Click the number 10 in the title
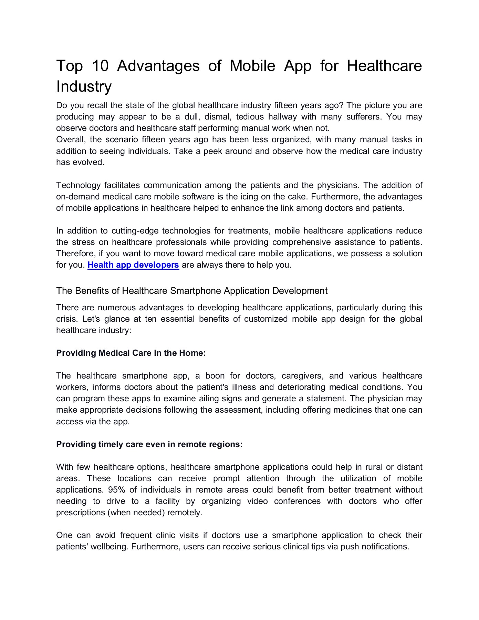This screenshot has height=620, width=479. click(x=101, y=66)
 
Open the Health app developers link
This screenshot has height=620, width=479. click(x=133, y=265)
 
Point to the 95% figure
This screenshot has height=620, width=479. click(x=116, y=490)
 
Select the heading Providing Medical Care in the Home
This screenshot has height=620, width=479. click(x=131, y=353)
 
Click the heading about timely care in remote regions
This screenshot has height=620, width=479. click(x=149, y=444)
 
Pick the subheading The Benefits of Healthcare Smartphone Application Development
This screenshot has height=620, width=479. click(x=192, y=291)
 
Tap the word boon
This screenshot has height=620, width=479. click(x=215, y=376)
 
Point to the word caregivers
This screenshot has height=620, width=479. click(x=302, y=376)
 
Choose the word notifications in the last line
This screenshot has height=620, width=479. click(x=385, y=547)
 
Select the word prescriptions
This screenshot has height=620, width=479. click(x=81, y=513)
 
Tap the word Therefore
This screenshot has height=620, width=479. click(x=75, y=254)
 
